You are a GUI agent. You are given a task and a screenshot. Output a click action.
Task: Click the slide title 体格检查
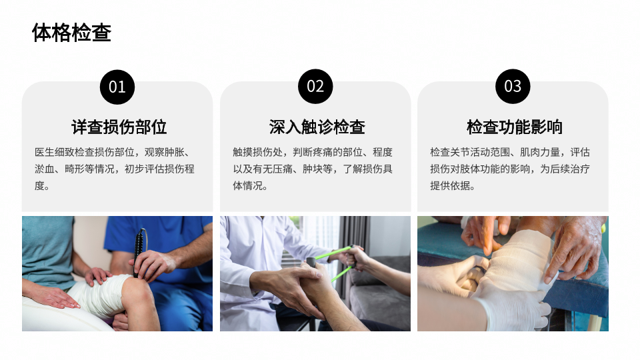coord(71,33)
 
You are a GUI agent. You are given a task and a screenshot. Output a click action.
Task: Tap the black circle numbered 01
coord(117,87)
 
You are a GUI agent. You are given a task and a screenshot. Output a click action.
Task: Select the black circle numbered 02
coord(315,87)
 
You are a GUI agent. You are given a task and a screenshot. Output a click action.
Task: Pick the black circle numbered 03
coord(513,87)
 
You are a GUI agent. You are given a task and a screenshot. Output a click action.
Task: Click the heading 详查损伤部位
coord(119,127)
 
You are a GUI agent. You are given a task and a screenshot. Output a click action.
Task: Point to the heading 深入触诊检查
coord(317,127)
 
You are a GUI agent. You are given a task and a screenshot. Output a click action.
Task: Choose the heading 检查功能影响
coord(514,127)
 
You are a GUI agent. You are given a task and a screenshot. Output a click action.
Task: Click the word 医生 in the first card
coord(45,152)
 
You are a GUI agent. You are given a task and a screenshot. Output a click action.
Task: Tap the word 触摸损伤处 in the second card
coord(257,152)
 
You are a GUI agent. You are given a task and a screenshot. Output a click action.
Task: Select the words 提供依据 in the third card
coord(450,186)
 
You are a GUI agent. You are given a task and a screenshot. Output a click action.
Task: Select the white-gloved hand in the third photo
coord(510,306)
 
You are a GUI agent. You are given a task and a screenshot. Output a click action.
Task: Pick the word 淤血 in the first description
coord(45,169)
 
